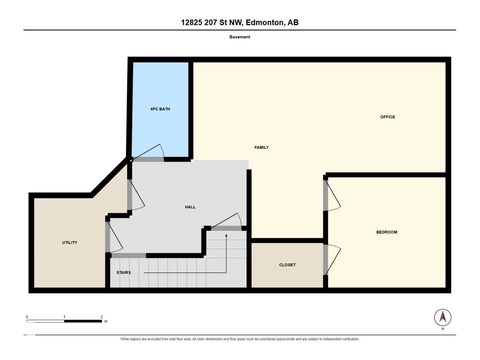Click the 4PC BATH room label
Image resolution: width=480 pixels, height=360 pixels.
[160, 109]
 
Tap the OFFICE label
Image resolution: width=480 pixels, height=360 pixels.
[388, 117]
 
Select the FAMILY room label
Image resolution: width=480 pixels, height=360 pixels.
[262, 148]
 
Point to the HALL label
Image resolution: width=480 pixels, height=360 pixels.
[190, 207]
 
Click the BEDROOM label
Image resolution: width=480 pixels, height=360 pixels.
[387, 232]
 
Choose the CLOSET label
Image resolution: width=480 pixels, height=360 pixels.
[287, 265]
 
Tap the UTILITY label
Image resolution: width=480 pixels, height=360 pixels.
[70, 243]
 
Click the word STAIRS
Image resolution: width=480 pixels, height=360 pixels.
[124, 273]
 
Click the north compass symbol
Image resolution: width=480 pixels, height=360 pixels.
[442, 317]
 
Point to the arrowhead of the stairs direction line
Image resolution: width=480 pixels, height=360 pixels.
[226, 235]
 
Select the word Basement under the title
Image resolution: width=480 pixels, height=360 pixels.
[240, 37]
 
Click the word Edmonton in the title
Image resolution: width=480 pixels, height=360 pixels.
[265, 22]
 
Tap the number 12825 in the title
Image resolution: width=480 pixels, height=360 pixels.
[192, 22]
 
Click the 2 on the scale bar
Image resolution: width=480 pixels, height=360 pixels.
[102, 317]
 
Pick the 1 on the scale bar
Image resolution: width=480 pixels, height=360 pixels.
[64, 317]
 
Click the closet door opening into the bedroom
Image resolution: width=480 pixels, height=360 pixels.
[332, 260]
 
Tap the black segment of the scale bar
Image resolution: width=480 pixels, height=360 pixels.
[83, 321]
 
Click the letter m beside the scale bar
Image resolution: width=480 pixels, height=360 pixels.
[106, 321]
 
